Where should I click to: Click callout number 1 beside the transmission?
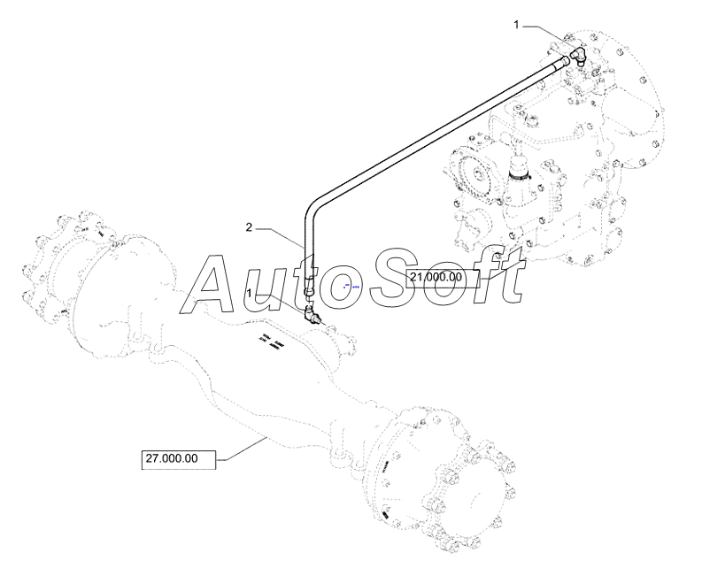coord(517,26)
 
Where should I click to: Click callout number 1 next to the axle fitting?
coord(251,292)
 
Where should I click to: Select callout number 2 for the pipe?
coord(250,228)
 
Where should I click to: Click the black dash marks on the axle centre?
coord(271,342)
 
